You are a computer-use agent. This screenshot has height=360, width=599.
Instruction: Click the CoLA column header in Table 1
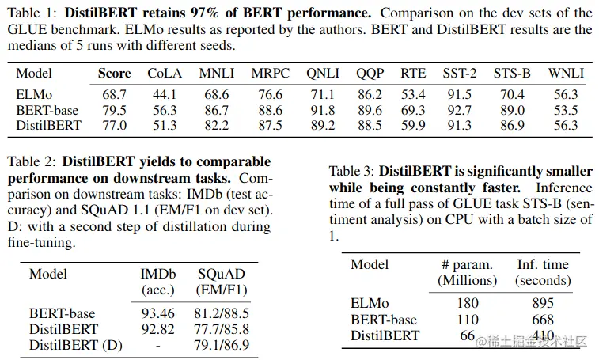coord(165,74)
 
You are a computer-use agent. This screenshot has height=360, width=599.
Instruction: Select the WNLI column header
coord(566,74)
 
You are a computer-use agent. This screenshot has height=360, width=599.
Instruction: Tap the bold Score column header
coord(115,74)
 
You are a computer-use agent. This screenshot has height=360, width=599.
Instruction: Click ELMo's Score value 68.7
coord(115,95)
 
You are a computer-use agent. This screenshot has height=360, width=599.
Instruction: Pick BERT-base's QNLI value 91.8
coord(323,110)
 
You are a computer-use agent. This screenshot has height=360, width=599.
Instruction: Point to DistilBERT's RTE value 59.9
coord(413,125)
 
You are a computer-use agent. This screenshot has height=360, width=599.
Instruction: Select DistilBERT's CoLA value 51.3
coord(165,125)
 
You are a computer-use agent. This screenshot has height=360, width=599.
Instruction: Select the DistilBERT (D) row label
coord(76,345)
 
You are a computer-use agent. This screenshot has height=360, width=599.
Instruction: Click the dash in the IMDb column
coord(158,345)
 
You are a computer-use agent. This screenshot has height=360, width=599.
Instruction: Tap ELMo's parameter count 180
coord(468,303)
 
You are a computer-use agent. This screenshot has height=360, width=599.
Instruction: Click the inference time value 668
coord(543,320)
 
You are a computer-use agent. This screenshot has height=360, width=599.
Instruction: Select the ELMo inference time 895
coord(543,303)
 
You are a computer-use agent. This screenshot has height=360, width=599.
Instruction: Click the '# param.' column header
coord(467,264)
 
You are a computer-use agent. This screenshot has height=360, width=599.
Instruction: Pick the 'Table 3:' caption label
coord(352,171)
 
